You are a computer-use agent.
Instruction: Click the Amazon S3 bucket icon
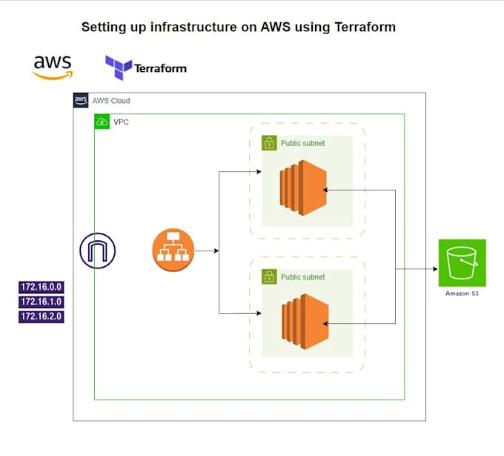(x=462, y=262)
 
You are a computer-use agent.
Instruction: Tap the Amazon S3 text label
(x=462, y=294)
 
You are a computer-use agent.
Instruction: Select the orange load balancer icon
(x=173, y=250)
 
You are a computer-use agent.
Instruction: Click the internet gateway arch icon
(x=98, y=251)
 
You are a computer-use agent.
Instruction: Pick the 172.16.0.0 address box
(x=42, y=287)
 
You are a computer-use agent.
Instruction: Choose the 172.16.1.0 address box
(x=42, y=302)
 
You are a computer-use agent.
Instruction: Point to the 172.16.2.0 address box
(x=42, y=317)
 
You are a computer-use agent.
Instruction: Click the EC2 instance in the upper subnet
(x=303, y=188)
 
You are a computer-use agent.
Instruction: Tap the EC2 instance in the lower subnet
(x=305, y=322)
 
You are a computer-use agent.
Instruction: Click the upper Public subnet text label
(x=303, y=143)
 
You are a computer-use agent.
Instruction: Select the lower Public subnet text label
(x=303, y=277)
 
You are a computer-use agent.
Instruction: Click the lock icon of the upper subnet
(x=269, y=143)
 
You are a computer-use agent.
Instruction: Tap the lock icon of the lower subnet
(x=269, y=277)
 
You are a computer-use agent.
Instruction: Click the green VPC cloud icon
(x=102, y=122)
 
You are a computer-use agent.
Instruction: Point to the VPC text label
(x=121, y=122)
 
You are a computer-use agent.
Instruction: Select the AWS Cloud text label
(x=111, y=101)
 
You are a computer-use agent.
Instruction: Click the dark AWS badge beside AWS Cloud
(x=81, y=100)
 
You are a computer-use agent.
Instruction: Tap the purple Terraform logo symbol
(x=119, y=67)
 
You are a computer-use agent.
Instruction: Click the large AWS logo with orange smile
(x=53, y=67)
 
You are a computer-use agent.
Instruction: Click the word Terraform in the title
(x=365, y=27)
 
